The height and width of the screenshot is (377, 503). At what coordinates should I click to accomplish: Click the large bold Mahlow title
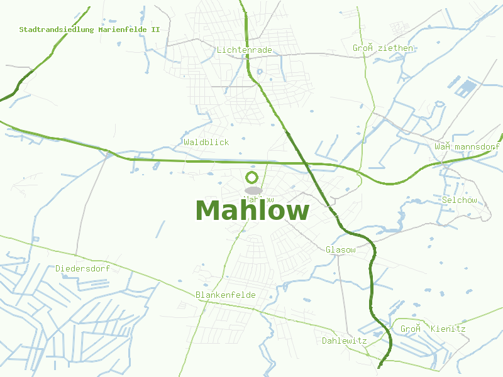click(252, 211)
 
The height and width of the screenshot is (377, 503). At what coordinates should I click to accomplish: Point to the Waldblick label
click(206, 143)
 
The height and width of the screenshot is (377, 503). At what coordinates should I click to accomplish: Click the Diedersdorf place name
click(82, 269)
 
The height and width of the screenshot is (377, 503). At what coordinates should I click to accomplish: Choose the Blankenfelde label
click(226, 295)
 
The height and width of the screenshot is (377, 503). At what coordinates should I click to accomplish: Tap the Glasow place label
click(341, 250)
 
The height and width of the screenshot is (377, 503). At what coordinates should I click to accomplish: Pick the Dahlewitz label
click(344, 341)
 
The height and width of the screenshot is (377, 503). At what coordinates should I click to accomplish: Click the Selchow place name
click(460, 200)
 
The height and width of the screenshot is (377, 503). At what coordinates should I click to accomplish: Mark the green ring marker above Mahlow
click(252, 177)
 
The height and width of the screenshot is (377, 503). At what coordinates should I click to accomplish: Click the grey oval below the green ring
click(253, 190)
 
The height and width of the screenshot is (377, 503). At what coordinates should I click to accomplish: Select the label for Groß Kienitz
click(433, 329)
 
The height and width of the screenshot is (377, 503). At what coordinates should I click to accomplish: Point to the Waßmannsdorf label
click(467, 147)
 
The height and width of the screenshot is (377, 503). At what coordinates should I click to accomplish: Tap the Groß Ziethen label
click(383, 48)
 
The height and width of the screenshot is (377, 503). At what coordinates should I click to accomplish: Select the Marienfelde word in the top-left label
click(119, 30)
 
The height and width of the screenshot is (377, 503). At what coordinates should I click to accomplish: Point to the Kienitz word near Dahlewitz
click(448, 329)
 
